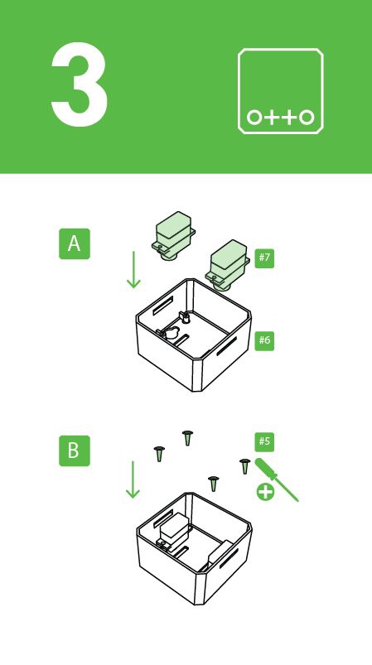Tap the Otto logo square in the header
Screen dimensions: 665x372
pos(280,90)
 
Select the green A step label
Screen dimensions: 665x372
pos(75,244)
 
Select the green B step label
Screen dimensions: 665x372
pos(75,451)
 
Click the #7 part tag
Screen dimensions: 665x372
pos(264,258)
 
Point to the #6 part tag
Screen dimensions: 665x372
pos(264,340)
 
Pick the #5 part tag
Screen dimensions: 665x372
pos(264,440)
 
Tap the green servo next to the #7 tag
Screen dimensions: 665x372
pos(229,263)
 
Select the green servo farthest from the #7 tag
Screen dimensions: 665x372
pos(173,231)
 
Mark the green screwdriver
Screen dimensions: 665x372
pos(276,479)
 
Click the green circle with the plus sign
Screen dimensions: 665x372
pos(265,492)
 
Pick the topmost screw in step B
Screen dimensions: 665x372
pos(187,436)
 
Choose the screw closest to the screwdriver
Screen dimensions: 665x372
pos(244,465)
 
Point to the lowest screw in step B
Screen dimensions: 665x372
pos(213,483)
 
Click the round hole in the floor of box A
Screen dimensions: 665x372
pos(171,332)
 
